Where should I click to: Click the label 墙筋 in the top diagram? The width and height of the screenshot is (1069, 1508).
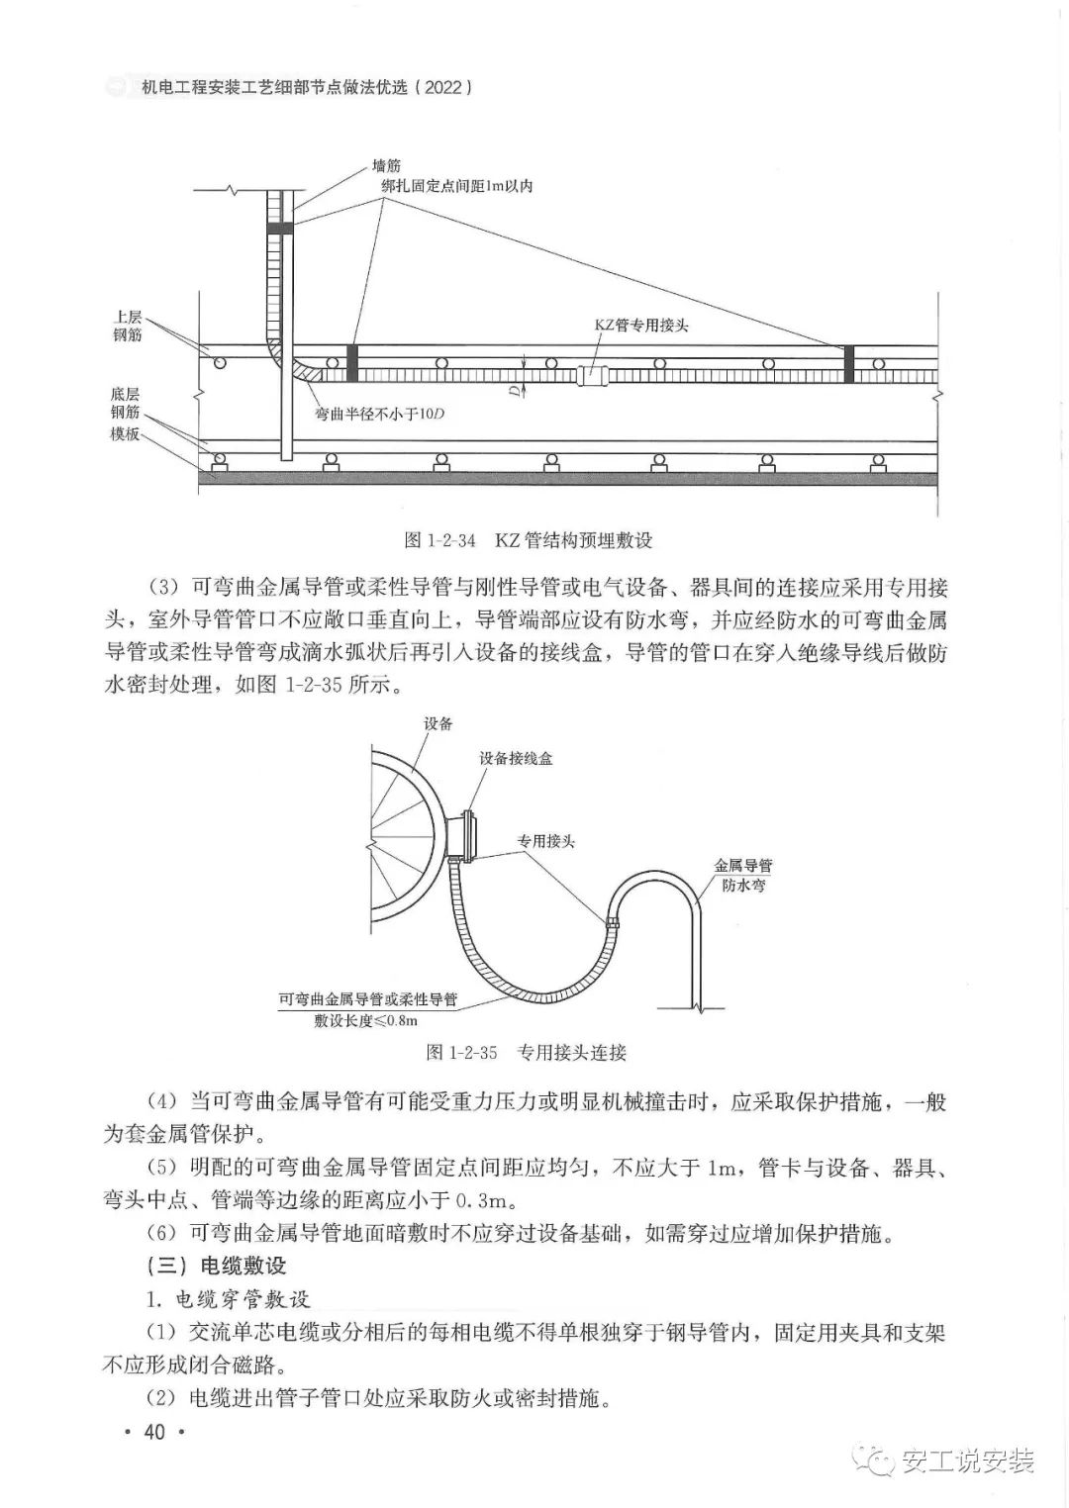point(386,166)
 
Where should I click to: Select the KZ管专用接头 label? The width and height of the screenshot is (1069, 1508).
point(640,325)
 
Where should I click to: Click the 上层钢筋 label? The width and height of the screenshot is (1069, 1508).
point(128,327)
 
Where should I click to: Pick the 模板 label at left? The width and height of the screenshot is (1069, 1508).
point(125,433)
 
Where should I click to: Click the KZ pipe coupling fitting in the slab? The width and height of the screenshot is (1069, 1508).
point(592,374)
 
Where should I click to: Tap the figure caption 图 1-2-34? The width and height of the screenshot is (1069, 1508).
point(529,540)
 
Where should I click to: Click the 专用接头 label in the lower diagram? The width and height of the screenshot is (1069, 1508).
point(545,841)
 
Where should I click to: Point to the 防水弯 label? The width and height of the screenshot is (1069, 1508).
point(742,886)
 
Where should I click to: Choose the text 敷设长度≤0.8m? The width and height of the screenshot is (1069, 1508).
point(366,1020)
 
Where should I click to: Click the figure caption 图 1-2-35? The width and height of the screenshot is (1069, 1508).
point(527,1052)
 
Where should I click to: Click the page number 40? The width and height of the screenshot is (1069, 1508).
point(153,1432)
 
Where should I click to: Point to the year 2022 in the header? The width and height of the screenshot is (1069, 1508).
point(439,87)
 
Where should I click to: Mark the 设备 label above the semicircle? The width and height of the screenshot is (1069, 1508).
point(437,723)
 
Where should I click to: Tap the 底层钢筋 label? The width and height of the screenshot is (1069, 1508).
point(126,402)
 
